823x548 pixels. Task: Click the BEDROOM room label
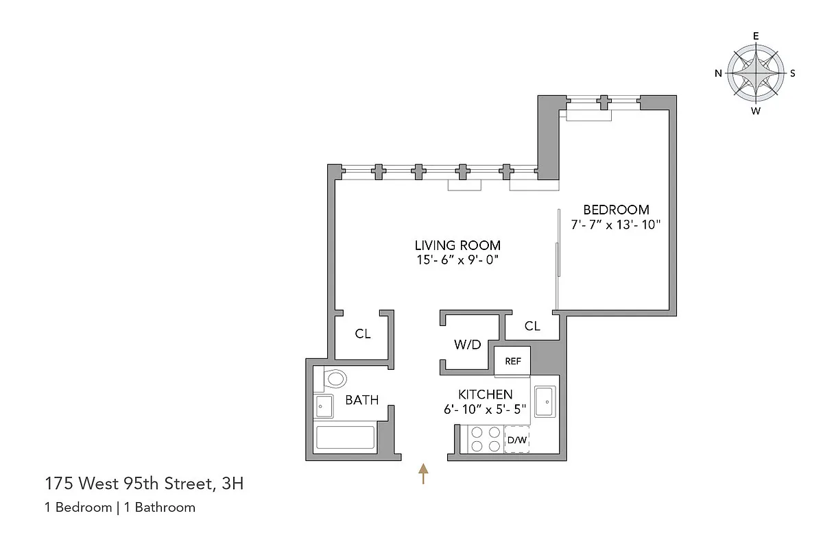(x=616, y=210)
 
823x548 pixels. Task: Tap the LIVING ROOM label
(x=457, y=245)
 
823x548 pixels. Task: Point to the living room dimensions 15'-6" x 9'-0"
(x=457, y=260)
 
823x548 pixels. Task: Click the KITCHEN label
(x=486, y=395)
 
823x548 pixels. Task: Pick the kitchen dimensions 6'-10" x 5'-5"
(x=486, y=410)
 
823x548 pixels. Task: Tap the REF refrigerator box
(x=513, y=361)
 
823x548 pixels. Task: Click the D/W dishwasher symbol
(x=516, y=439)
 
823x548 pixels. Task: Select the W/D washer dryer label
(x=467, y=345)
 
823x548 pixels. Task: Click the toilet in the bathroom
(x=334, y=378)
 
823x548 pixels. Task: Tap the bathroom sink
(x=324, y=407)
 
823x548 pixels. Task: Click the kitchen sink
(x=545, y=401)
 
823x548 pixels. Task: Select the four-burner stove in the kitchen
(x=485, y=439)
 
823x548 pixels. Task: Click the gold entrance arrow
(x=423, y=473)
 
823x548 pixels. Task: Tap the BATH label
(x=362, y=400)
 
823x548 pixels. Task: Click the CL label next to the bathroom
(x=363, y=334)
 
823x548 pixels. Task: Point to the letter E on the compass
(x=756, y=36)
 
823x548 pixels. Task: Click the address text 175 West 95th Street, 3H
(x=144, y=484)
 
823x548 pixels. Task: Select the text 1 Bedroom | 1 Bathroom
(x=120, y=508)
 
